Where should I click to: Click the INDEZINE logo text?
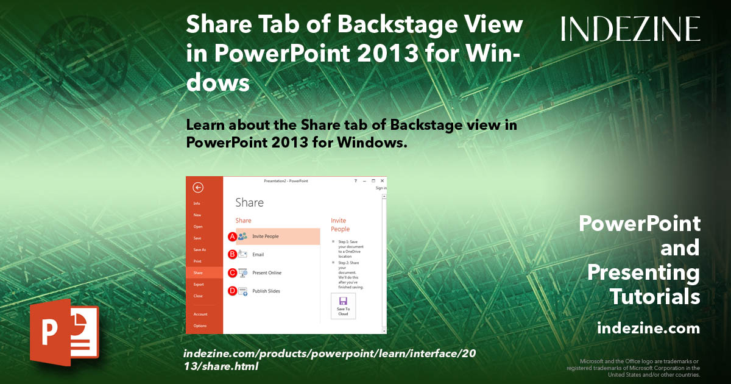(x=630, y=29)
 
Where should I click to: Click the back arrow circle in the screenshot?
(x=197, y=188)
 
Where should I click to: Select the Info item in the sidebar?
(x=197, y=204)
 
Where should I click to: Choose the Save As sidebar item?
(x=199, y=250)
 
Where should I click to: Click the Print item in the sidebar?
(x=197, y=261)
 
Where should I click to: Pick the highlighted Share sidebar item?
(x=198, y=273)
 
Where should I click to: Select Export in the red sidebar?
(x=199, y=285)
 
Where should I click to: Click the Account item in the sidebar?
(x=200, y=315)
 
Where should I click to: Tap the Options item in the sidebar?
(x=200, y=326)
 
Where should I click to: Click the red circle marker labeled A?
(x=232, y=236)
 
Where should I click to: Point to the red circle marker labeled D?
(x=232, y=291)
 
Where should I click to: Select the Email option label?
(x=258, y=255)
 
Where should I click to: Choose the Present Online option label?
(x=267, y=273)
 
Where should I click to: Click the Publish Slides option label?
(x=266, y=291)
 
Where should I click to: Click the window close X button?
(x=382, y=181)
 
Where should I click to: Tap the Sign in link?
(x=381, y=188)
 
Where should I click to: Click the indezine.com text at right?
(x=648, y=329)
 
